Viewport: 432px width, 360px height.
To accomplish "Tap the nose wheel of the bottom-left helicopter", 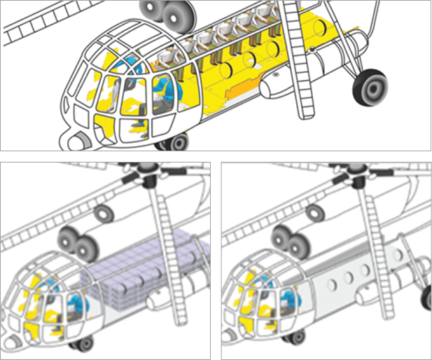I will [83, 342].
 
